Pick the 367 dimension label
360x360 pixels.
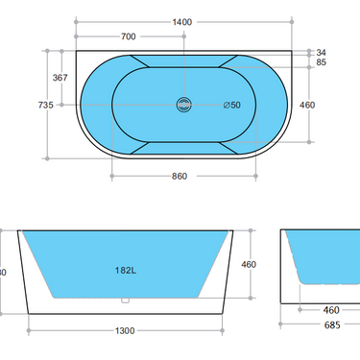[60, 77]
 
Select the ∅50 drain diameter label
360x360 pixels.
[231, 105]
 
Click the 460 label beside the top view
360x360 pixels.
[307, 105]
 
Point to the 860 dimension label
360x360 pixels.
[179, 176]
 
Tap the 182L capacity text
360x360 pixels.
[124, 271]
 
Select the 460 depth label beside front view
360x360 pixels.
[248, 264]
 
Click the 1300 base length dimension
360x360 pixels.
[125, 330]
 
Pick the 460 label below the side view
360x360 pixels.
[329, 310]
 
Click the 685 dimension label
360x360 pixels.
[329, 324]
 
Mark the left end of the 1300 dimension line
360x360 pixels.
[30, 330]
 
